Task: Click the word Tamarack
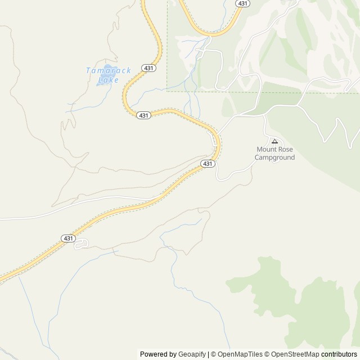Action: coord(109,70)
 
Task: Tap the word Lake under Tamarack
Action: coord(109,80)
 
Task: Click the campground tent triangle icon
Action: coord(274,141)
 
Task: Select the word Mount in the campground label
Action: coord(267,150)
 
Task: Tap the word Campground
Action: coord(274,157)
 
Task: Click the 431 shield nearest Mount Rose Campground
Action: coord(208,164)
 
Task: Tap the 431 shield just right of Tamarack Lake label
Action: coord(149,68)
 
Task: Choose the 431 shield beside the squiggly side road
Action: coord(68,238)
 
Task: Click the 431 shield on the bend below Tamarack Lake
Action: coord(143,115)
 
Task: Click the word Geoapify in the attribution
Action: coord(192,354)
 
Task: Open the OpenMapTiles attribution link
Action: coord(240,354)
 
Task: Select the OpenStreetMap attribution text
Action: coord(295,354)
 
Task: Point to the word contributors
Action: coord(339,354)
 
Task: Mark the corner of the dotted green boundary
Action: coord(167,90)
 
